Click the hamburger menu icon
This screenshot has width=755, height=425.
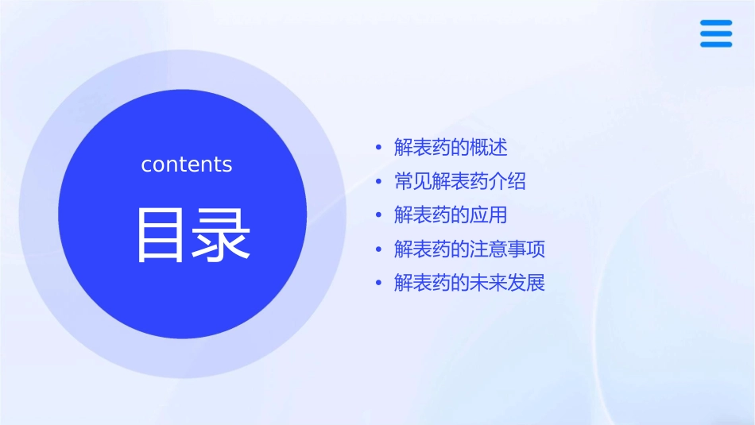[x=715, y=33]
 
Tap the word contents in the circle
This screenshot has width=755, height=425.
[x=187, y=164]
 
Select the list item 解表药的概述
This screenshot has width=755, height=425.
[x=450, y=147]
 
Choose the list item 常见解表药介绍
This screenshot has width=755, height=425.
[x=459, y=181]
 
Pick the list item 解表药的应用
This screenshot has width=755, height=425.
[x=450, y=215]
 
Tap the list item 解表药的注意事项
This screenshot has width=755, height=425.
[x=469, y=249]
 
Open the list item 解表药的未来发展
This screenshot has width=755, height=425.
[x=469, y=283]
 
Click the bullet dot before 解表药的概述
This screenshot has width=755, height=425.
[x=378, y=148]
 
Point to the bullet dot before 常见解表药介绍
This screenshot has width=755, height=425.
[x=378, y=182]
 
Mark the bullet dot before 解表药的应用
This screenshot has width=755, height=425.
[x=378, y=216]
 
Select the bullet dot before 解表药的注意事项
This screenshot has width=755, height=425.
[x=378, y=250]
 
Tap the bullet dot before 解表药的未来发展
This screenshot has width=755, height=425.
[x=378, y=284]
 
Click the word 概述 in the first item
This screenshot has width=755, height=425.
[x=488, y=147]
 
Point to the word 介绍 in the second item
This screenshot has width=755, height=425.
[x=507, y=181]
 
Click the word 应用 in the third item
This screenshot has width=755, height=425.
[x=488, y=215]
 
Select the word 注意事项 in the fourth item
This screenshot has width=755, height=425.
[x=507, y=249]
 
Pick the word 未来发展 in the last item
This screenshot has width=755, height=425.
[x=507, y=283]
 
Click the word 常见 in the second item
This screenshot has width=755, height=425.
[x=412, y=181]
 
